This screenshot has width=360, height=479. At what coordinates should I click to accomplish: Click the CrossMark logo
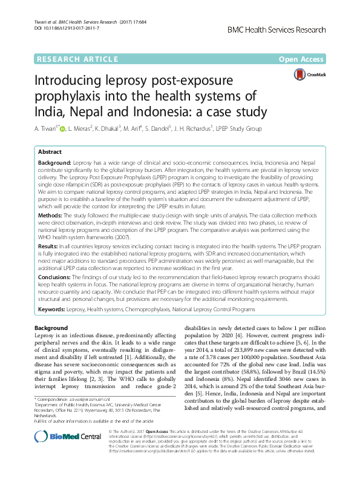(310, 74)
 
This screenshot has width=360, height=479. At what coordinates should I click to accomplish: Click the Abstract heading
(50, 153)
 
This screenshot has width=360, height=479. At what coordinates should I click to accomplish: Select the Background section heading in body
(51, 328)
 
